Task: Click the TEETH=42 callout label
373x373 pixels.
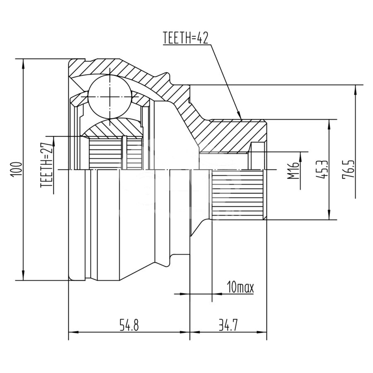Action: [x=186, y=38]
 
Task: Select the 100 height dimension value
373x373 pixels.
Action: [x=17, y=170]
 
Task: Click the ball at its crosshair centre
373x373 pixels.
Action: [x=110, y=97]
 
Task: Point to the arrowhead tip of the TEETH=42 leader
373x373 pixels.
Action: [x=241, y=119]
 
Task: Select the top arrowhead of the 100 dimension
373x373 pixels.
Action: [x=23, y=59]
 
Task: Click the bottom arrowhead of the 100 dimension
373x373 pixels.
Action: [x=23, y=280]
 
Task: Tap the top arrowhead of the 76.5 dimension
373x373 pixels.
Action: [x=356, y=85]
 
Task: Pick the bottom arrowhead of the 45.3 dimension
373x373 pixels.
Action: [x=329, y=219]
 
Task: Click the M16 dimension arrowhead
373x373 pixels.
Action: [x=301, y=152]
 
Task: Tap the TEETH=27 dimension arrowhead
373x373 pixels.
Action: [x=54, y=137]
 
